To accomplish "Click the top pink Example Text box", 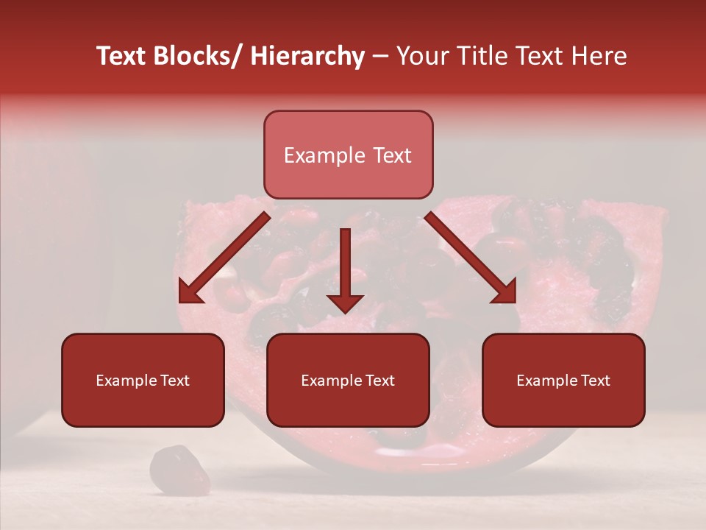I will pyautogui.click(x=348, y=155).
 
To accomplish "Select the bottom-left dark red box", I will pyautogui.click(x=143, y=380).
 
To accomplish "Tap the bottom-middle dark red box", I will pyautogui.click(x=348, y=380).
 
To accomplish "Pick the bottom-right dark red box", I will pyautogui.click(x=563, y=380).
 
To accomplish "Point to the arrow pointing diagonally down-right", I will pyautogui.click(x=471, y=258).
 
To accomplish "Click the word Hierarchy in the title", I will pyautogui.click(x=307, y=56).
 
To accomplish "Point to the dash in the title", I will pyautogui.click(x=380, y=56).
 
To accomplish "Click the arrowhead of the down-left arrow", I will pyautogui.click(x=188, y=292).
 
